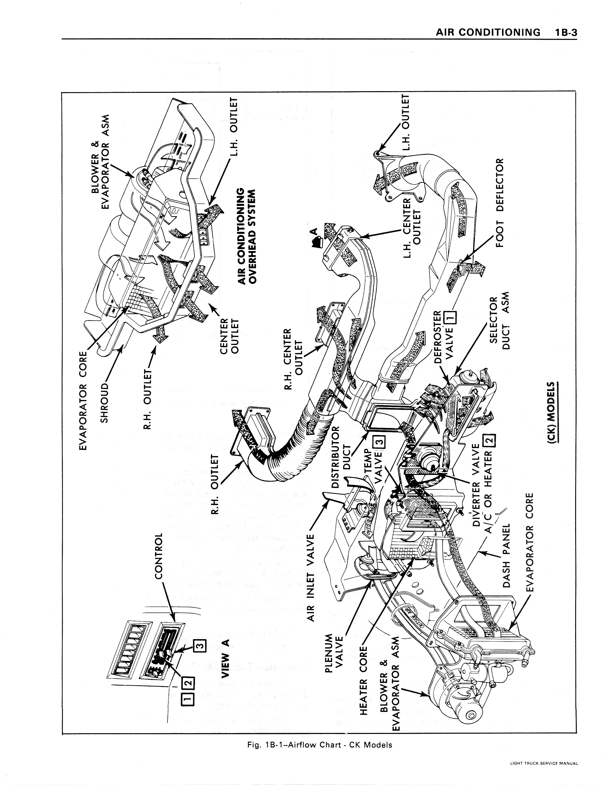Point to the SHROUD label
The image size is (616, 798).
coord(105,403)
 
